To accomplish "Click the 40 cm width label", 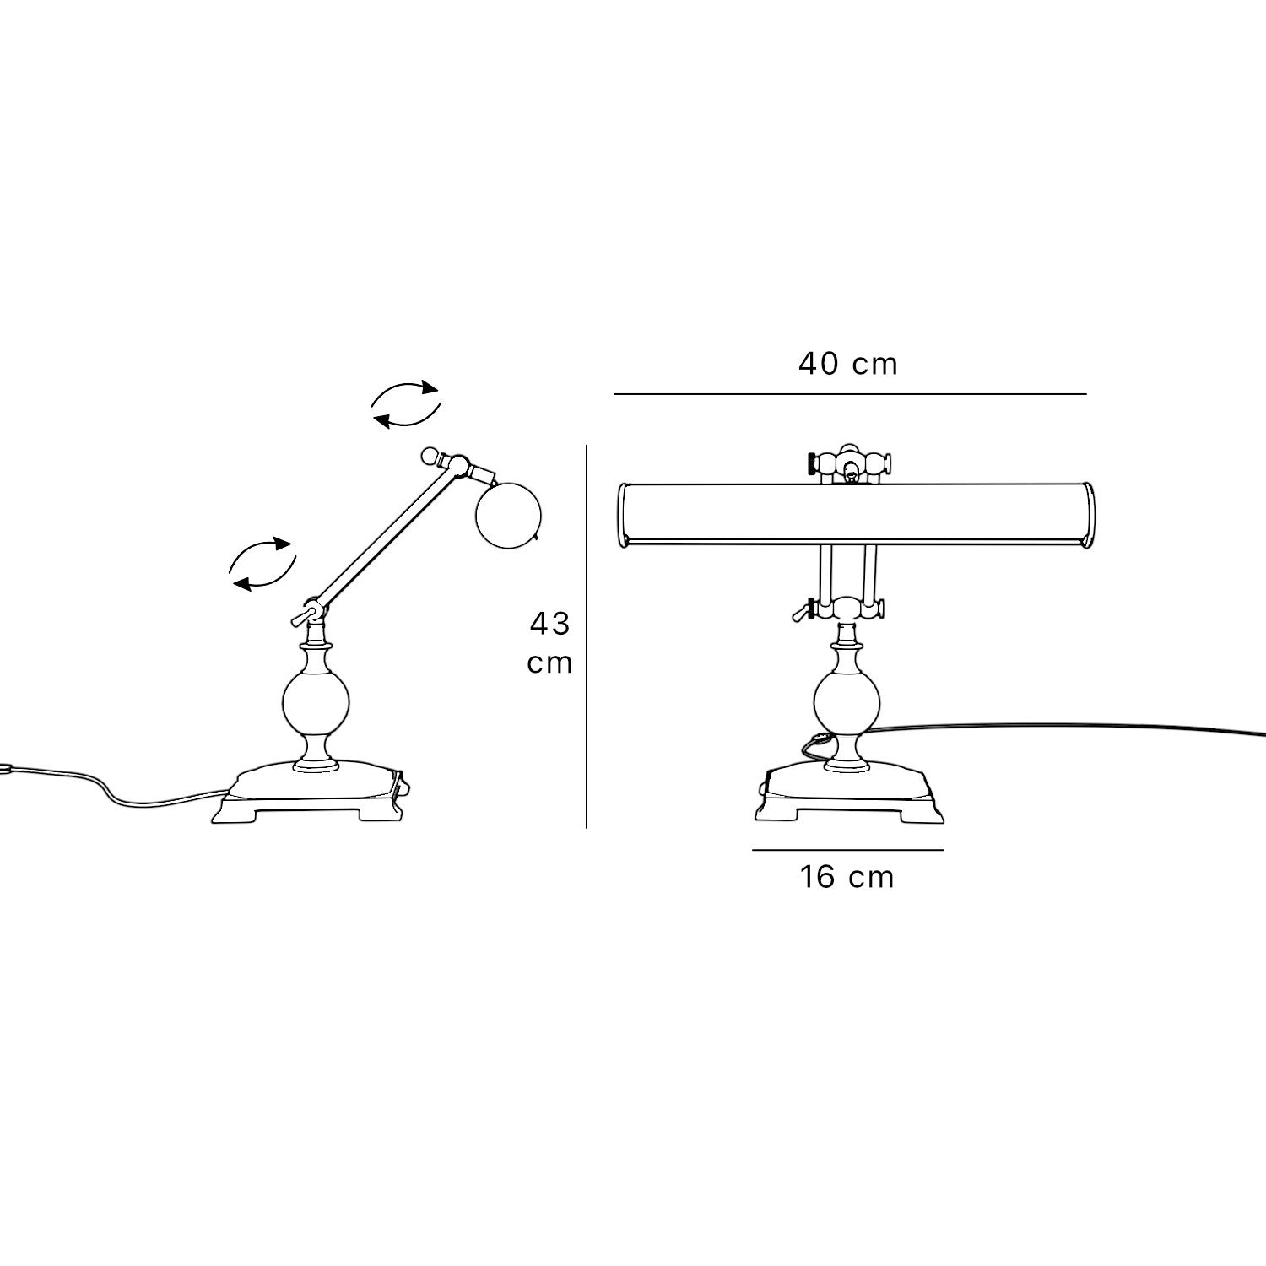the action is (848, 364).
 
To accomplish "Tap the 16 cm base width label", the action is (847, 877).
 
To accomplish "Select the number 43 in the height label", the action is (550, 624).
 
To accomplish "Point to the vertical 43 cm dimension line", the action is (587, 636).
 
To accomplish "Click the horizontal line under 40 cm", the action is (850, 393).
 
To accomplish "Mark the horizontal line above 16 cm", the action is (848, 850).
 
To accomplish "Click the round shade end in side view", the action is (507, 514).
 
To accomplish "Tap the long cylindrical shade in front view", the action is (857, 515).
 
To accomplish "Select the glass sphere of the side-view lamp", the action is (314, 703).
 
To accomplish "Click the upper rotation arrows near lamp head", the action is (406, 404).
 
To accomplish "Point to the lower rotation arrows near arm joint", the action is (262, 563).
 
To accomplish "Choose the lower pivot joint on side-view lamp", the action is (312, 609).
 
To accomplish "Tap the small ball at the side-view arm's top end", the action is (430, 457).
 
